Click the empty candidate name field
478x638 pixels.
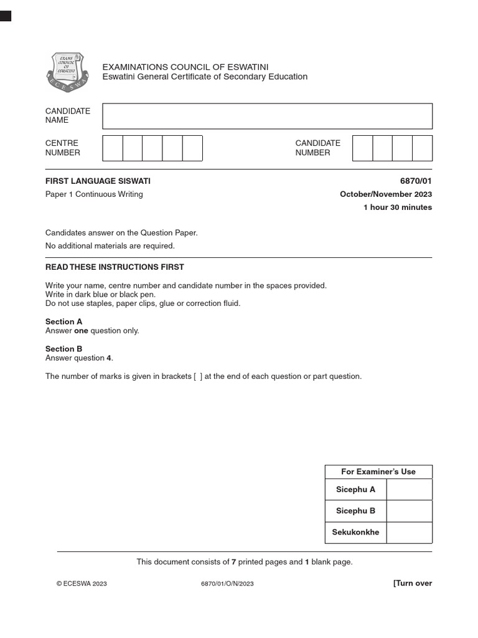tap(267, 117)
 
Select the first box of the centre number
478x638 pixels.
tap(113, 148)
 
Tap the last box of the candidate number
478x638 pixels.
tap(422, 148)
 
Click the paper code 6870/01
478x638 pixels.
tap(417, 181)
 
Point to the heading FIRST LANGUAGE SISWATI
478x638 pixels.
tap(98, 181)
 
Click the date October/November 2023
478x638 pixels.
tap(385, 194)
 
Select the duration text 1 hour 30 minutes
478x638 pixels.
tap(397, 207)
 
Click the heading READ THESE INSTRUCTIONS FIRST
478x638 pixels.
tap(115, 267)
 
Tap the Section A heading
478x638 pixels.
tap(63, 322)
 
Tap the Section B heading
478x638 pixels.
tap(63, 350)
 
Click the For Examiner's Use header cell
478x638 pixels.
tap(378, 472)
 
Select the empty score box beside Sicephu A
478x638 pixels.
tap(409, 490)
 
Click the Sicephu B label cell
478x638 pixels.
tap(355, 511)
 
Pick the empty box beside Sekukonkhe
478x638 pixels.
tap(409, 533)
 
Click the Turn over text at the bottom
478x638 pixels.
tap(412, 584)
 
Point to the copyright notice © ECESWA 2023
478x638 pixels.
tap(82, 584)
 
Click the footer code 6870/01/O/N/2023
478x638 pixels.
tap(227, 584)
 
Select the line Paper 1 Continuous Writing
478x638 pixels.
tap(94, 194)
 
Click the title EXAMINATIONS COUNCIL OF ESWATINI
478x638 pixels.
tap(185, 67)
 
